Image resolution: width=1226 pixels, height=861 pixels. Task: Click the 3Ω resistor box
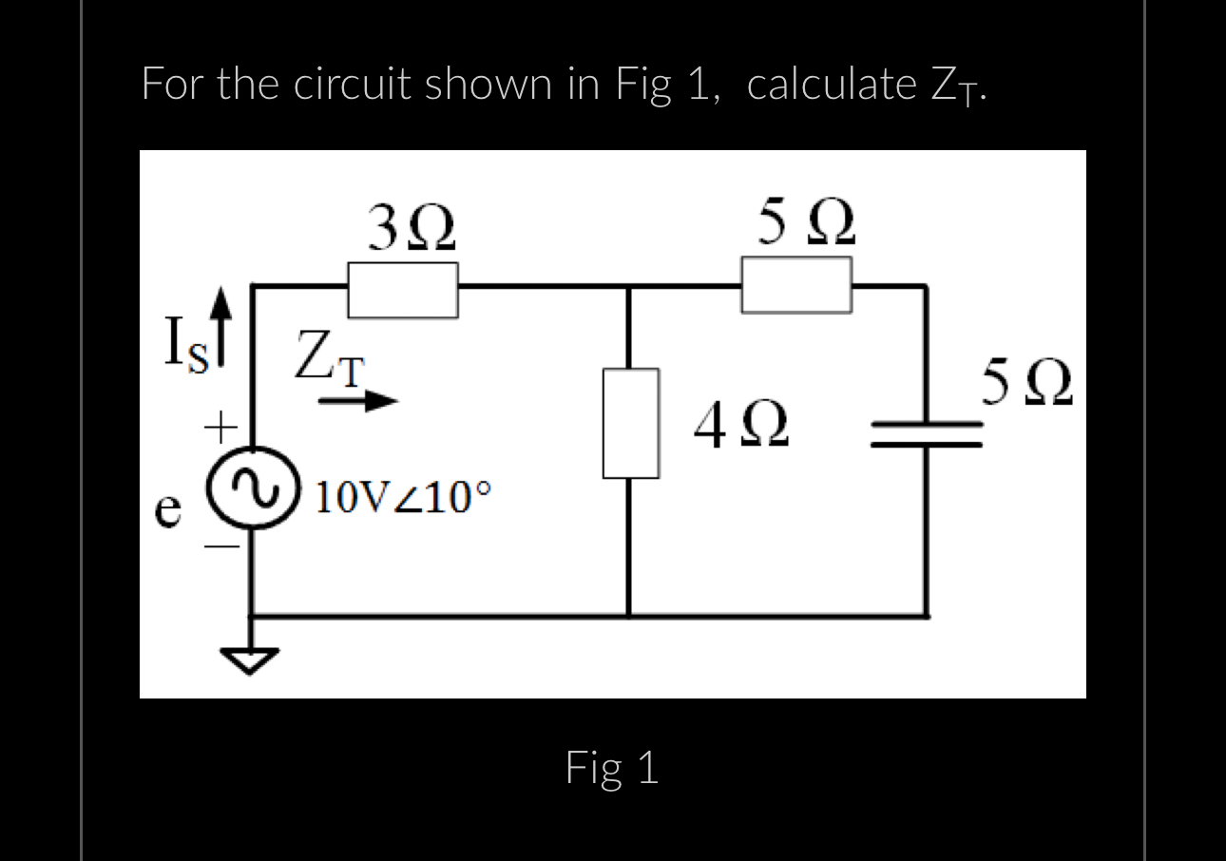(x=403, y=290)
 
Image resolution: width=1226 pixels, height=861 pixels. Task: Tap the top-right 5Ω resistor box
(x=795, y=286)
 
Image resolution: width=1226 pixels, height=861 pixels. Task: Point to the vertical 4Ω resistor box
(x=629, y=423)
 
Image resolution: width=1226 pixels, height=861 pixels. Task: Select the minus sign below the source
(x=219, y=546)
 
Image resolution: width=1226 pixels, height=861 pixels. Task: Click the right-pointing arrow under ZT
(x=356, y=402)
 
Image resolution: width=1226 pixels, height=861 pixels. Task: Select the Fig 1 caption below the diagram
(x=612, y=768)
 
